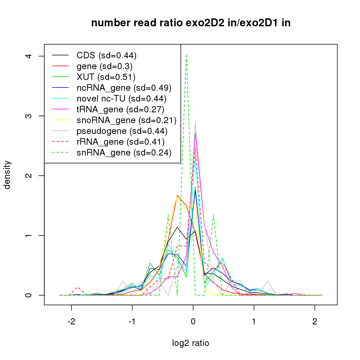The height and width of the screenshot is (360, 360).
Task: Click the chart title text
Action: pos(191,23)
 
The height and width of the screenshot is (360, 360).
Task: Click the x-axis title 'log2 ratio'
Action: pos(191,343)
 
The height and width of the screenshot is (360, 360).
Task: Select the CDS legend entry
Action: pos(106,55)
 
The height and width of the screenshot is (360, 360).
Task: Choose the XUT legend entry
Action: pos(105,77)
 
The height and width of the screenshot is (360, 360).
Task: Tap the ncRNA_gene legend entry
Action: pos(124,88)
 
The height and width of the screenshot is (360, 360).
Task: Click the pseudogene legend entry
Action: pos(122,131)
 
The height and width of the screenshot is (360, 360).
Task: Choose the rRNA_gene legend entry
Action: pos(121,142)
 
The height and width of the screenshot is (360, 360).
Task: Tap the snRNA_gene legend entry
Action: pos(123,153)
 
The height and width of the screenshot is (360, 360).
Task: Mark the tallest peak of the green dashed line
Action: pos(186,55)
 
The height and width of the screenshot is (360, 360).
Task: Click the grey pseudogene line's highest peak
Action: pos(195,123)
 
